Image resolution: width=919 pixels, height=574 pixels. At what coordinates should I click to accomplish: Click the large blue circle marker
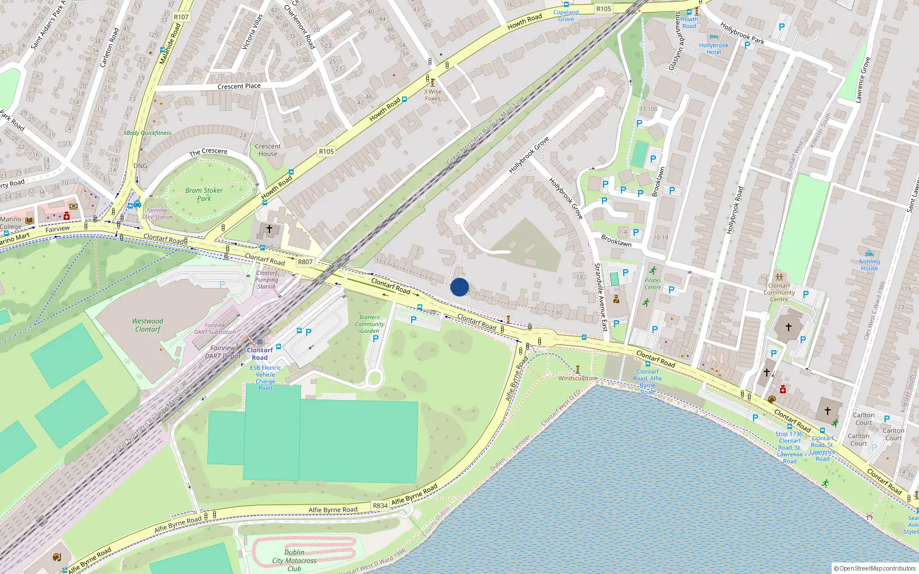(x=459, y=287)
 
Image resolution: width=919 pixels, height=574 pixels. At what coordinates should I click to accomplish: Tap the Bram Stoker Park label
(x=204, y=195)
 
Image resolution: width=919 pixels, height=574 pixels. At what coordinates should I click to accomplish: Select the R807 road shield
(x=305, y=262)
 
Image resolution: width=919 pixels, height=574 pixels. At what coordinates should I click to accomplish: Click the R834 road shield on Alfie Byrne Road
(x=380, y=506)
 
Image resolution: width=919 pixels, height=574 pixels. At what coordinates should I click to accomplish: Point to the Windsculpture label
(x=577, y=378)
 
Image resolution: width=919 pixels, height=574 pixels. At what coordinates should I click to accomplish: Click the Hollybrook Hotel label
(x=713, y=49)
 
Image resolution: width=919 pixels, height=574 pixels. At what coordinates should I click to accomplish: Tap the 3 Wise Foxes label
(x=433, y=95)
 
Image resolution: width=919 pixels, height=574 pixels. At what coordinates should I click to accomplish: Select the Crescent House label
(x=268, y=150)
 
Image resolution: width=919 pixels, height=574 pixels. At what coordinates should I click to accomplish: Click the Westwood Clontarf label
(x=148, y=325)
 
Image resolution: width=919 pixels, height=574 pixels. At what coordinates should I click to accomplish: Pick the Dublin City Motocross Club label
(x=294, y=560)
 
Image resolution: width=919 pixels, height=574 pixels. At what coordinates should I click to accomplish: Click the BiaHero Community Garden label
(x=369, y=324)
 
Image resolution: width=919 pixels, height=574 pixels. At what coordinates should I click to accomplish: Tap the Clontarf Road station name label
(x=260, y=354)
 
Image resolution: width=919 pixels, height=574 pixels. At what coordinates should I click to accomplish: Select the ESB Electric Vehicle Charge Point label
(x=265, y=378)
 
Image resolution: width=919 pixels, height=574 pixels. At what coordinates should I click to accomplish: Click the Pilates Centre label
(x=652, y=284)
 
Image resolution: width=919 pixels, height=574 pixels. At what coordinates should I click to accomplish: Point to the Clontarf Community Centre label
(x=779, y=292)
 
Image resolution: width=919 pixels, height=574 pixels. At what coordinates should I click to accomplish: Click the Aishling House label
(x=869, y=265)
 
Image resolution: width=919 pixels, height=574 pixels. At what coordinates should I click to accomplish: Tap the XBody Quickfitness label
(x=148, y=133)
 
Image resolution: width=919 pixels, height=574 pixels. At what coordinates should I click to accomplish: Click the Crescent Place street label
(x=239, y=87)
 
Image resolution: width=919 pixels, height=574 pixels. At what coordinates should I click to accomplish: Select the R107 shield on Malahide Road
(x=181, y=17)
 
